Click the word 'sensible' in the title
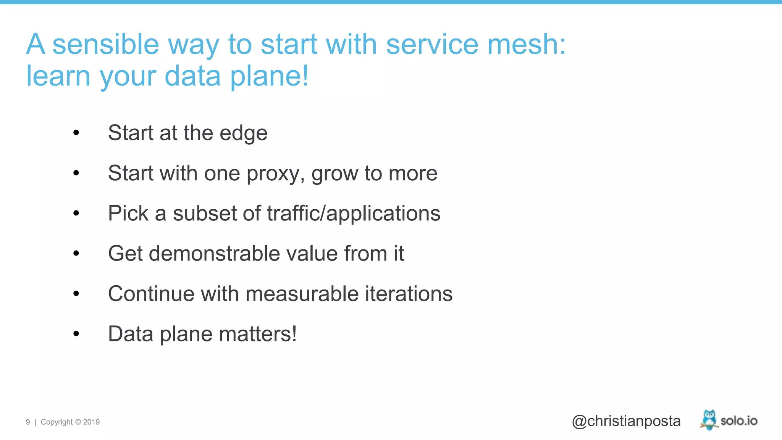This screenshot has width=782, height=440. click(x=105, y=44)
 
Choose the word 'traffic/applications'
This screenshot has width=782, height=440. click(x=354, y=213)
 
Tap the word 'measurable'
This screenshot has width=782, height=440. click(x=302, y=294)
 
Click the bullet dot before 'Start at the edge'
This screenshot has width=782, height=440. click(x=76, y=133)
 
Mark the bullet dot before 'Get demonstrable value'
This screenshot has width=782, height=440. click(x=76, y=254)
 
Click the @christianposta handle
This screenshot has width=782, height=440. click(x=626, y=421)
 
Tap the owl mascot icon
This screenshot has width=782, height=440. click(x=709, y=419)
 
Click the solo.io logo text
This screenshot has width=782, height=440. click(x=739, y=421)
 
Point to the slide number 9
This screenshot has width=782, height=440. click(x=28, y=422)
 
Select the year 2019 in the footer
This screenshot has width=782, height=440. click(x=91, y=422)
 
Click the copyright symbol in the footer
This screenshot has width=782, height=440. click(x=78, y=422)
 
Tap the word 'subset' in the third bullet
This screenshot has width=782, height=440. click(x=205, y=213)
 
